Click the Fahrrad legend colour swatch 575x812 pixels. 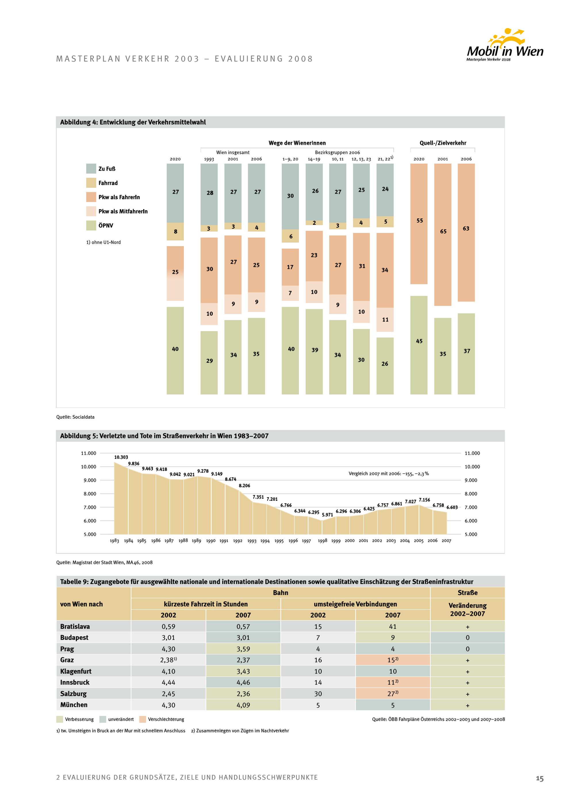[91, 183]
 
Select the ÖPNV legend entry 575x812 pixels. [106, 226]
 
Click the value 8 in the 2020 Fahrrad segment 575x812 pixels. [175, 232]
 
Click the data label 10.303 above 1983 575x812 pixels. [121, 457]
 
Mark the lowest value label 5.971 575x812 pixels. [327, 515]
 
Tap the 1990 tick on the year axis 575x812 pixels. [211, 541]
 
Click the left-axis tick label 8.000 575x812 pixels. [90, 494]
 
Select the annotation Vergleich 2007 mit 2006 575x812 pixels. [388, 473]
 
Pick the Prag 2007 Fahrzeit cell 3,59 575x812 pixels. [243, 649]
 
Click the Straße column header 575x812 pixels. [467, 593]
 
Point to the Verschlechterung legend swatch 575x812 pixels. [143, 719]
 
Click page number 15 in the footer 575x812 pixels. [539, 778]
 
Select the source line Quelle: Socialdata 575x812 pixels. [75, 417]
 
